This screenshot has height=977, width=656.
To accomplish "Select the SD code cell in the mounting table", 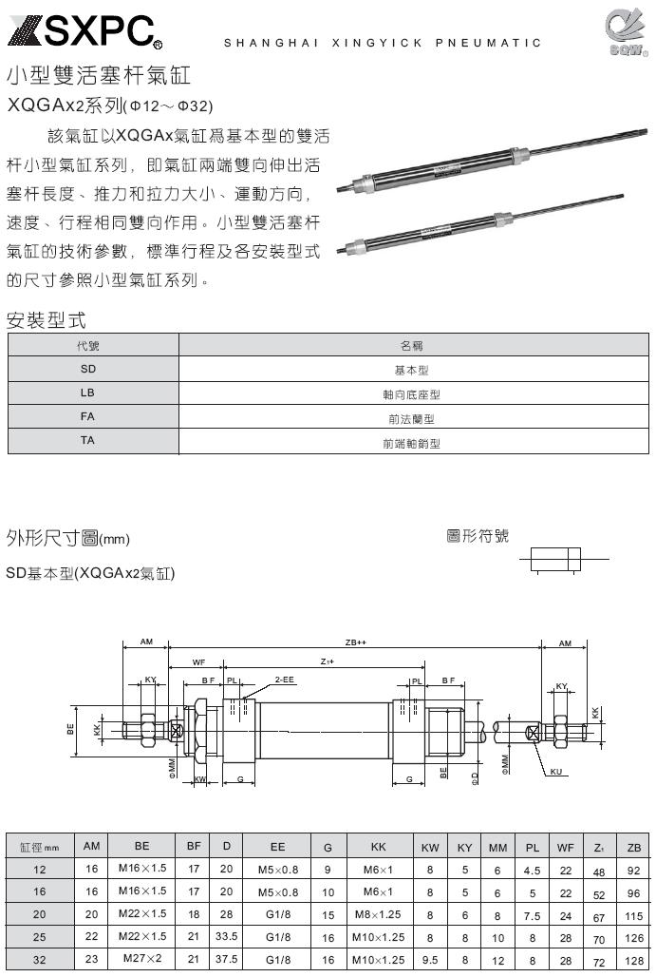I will (87, 369).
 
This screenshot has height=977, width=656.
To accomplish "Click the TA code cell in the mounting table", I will (87, 441).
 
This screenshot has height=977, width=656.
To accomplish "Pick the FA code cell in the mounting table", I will (87, 416).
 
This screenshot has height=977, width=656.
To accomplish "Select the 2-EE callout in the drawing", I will (284, 680).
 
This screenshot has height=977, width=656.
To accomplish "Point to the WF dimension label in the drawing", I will (198, 661).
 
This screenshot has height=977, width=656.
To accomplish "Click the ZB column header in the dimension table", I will (633, 846).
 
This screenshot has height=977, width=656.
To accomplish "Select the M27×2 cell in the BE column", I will (142, 958).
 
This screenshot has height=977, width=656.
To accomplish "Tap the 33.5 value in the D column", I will (226, 936).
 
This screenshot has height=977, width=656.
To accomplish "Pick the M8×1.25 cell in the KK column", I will (378, 914).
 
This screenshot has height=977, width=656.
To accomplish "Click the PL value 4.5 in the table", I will (533, 870).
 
